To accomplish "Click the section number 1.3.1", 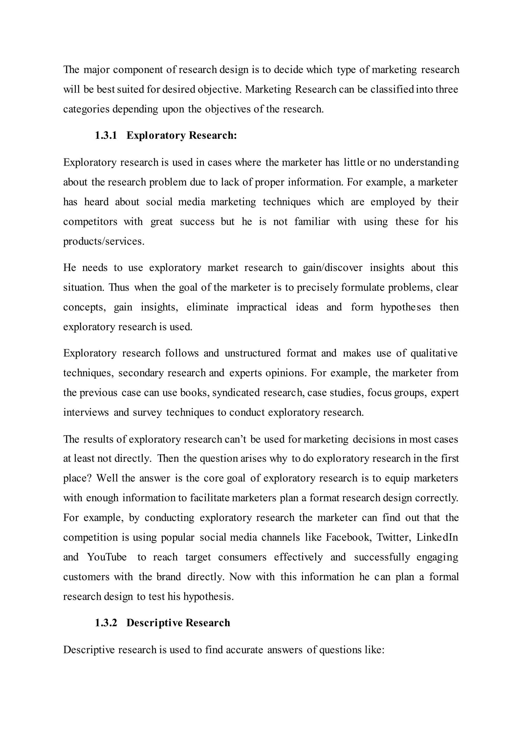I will [x=106, y=136].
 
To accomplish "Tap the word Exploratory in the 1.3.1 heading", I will [x=156, y=136].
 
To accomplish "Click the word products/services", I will [x=103, y=241].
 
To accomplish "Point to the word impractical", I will [x=262, y=307].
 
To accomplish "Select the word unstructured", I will [x=253, y=353].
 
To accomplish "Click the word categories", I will [x=86, y=109].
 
